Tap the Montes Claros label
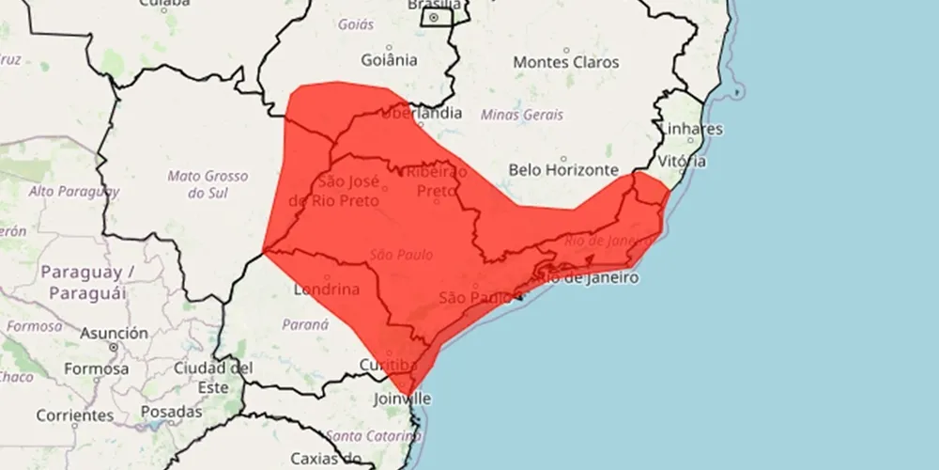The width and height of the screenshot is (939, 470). click(x=566, y=62)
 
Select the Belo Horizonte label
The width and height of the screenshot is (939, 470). click(x=562, y=170)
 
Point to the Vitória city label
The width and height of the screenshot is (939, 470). click(x=683, y=161)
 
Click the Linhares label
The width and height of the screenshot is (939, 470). click(x=692, y=129)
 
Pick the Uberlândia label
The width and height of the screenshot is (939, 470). click(x=421, y=113)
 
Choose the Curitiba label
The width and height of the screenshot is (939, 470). click(x=388, y=365)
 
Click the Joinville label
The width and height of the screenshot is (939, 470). click(x=401, y=399)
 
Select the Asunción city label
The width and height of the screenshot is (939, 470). click(x=114, y=334)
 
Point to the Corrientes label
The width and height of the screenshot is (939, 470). click(x=74, y=415)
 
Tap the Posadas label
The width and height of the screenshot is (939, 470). click(x=171, y=412)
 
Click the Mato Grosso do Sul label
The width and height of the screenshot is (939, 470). click(x=208, y=184)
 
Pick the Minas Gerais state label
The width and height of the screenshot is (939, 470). click(x=522, y=115)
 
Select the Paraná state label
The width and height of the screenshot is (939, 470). click(x=305, y=324)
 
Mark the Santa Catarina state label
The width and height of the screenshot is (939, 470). click(x=368, y=436)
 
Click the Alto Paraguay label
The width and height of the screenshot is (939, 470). click(x=74, y=192)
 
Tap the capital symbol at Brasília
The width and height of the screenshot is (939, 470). click(x=434, y=17)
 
